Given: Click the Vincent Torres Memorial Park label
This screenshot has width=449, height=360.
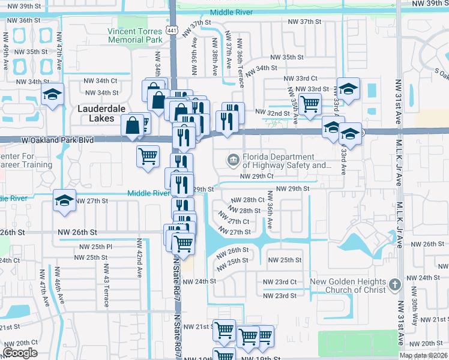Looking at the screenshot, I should coord(135,35).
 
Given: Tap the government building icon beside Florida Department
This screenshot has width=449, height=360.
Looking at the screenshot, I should coord(233,160).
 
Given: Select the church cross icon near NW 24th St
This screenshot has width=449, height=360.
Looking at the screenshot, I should coord(394,283).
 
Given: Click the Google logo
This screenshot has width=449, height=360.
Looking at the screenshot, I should coord(20,353).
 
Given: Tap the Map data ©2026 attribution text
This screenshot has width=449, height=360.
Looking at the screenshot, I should coord(423,355).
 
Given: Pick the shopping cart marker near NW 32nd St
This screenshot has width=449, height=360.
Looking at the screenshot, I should coord(310,103).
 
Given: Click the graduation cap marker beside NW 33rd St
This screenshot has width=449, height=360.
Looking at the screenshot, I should coord(348,89).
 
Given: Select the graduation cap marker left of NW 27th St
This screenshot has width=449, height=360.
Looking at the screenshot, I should coord(64,201).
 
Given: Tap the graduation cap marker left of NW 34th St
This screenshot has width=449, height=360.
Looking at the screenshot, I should coord(52,94).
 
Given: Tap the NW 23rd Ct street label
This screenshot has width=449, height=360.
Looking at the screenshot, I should coord(280,281).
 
